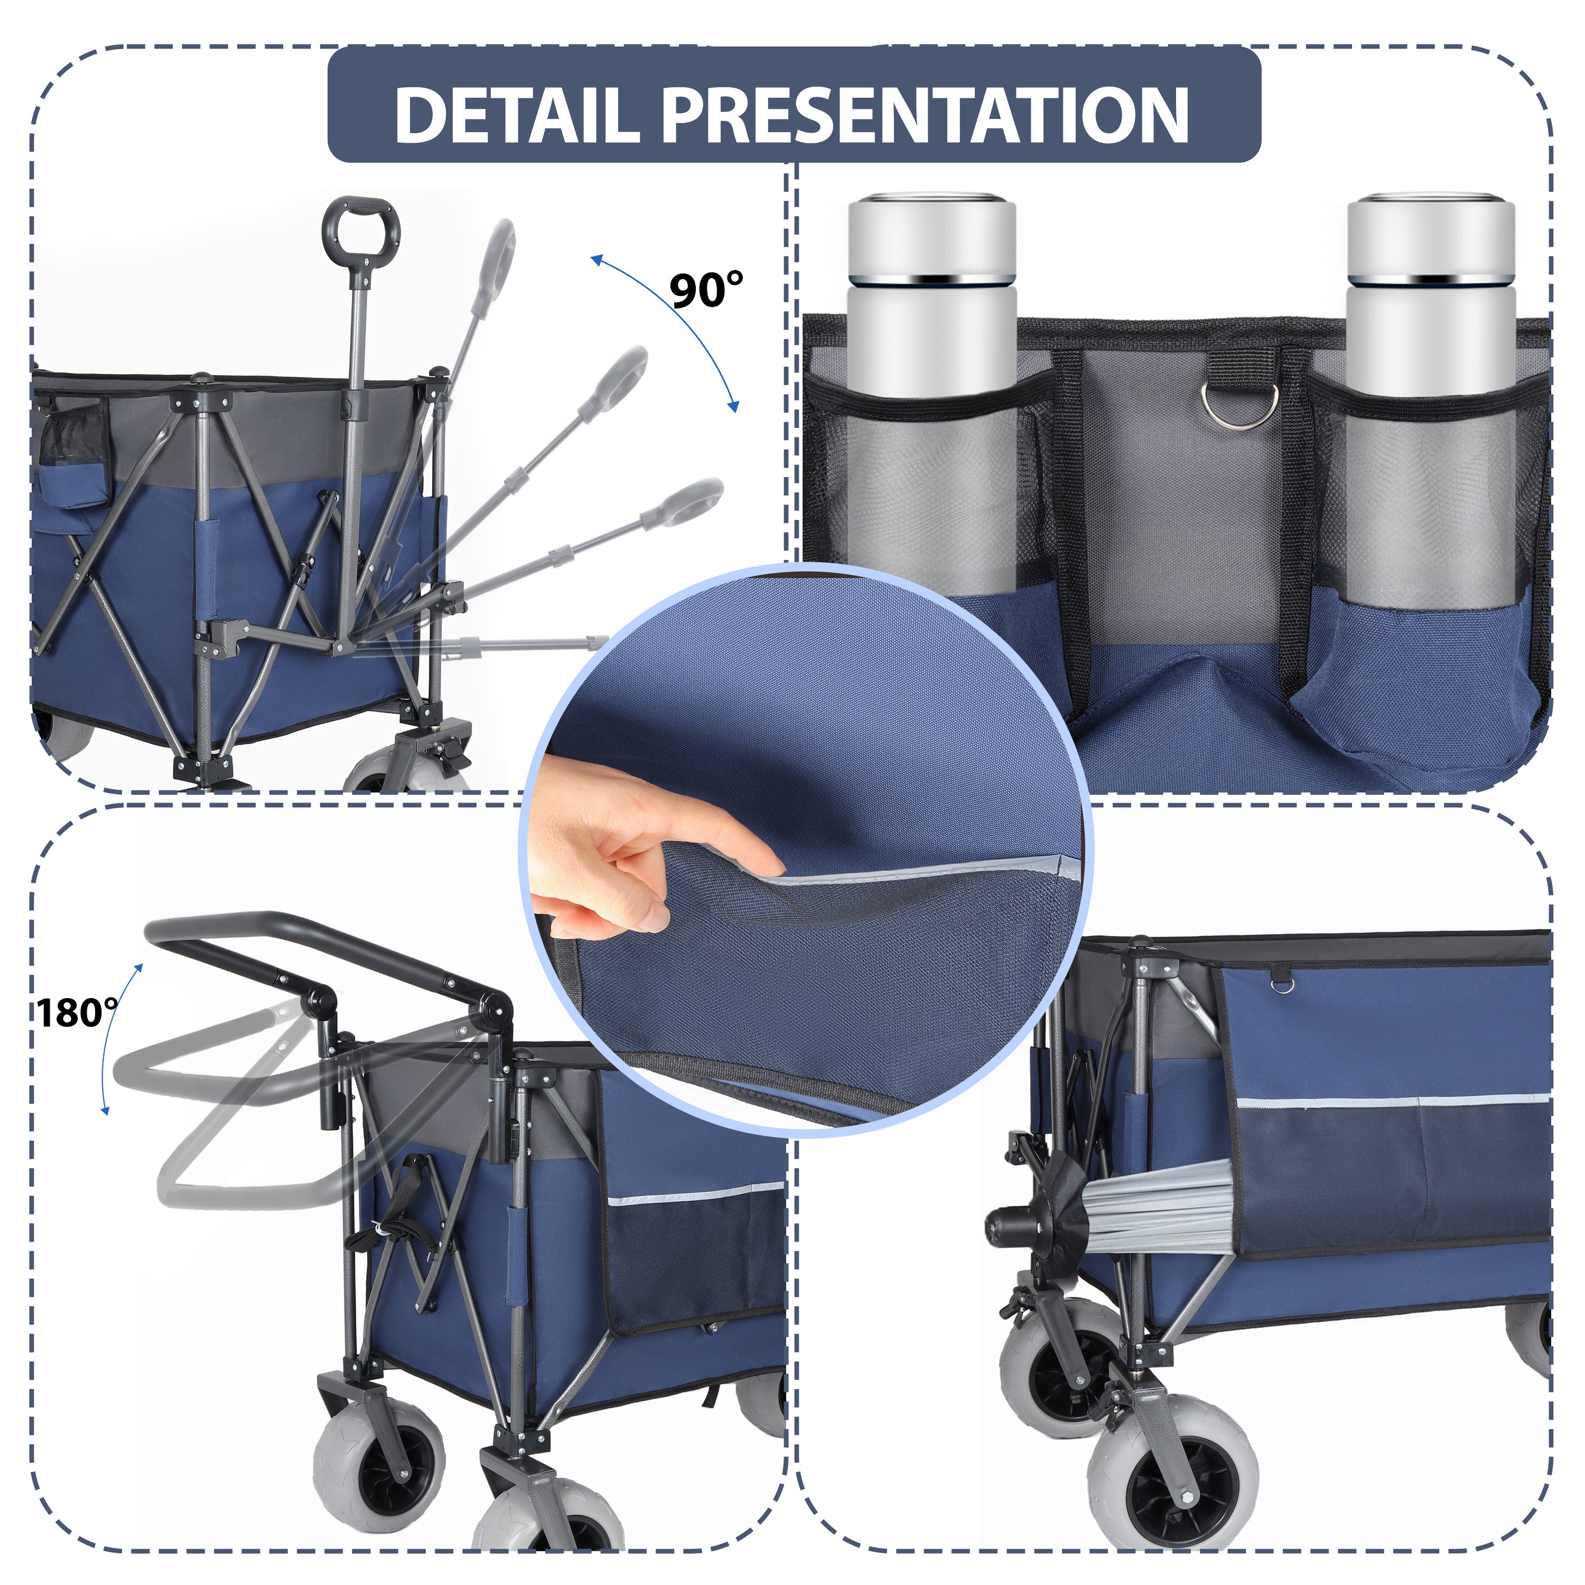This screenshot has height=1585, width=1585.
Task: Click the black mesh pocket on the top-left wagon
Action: pos(74,435)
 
